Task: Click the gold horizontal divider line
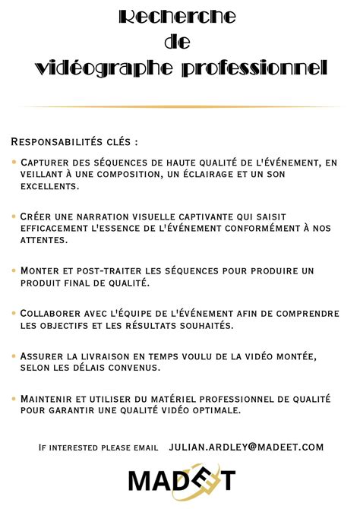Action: (x=180, y=106)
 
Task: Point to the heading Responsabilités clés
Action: (x=74, y=142)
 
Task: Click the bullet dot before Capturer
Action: (x=14, y=163)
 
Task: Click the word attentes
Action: (x=44, y=240)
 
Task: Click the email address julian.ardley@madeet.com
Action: (x=246, y=447)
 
